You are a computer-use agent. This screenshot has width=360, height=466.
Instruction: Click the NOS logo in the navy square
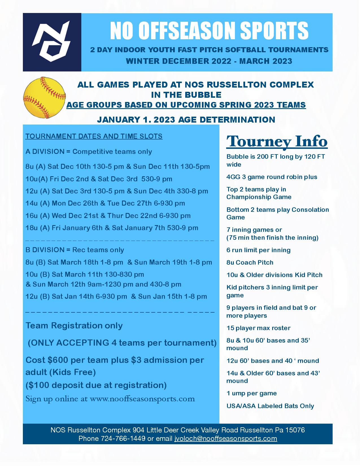pos(52,42)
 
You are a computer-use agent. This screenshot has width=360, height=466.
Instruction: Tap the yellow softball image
pos(44,97)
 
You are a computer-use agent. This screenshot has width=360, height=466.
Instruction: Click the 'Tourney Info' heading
pos(277,141)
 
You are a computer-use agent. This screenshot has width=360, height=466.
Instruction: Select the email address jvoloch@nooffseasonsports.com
pos(226,439)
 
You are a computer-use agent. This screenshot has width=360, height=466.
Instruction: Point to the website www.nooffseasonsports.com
pos(142,399)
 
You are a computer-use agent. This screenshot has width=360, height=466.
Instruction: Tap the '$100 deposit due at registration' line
pos(96,385)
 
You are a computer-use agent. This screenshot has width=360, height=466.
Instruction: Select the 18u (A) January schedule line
pos(112,228)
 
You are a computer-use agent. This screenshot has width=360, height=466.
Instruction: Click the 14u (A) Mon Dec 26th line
pos(105,203)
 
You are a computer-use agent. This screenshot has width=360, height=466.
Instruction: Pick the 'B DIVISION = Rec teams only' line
pos(75,250)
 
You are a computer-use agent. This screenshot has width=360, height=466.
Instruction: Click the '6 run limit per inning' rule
pos(258,250)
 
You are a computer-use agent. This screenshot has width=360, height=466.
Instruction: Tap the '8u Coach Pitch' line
pos(250,263)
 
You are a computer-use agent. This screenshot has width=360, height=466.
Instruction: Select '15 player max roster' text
pos(258,328)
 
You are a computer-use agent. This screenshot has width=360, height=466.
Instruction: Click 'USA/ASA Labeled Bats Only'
pos(270,406)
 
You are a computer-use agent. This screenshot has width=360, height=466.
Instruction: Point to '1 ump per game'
pos(251,393)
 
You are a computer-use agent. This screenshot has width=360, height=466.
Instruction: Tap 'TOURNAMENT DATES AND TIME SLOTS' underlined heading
pos(94,136)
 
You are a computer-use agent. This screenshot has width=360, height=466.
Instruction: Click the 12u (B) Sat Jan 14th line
pos(116,297)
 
